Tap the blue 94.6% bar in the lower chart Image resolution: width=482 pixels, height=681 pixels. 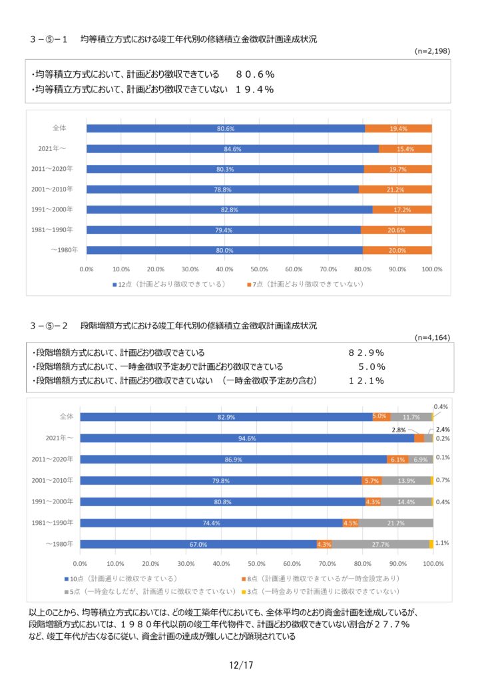[247, 438]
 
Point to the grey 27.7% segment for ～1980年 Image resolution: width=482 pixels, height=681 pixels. [381, 544]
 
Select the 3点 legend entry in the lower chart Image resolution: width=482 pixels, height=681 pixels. [320, 591]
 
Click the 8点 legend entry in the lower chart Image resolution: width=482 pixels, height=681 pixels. [320, 579]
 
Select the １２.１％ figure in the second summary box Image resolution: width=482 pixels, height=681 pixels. [366, 380]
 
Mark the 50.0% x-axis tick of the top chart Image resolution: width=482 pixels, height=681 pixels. [259, 269]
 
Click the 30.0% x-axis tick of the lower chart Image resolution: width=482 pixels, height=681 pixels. [186, 563]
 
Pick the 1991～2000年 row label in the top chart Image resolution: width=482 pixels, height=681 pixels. [52, 209]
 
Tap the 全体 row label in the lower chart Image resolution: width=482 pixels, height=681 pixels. [65, 416]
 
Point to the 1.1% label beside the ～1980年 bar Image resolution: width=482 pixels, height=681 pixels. [441, 543]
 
